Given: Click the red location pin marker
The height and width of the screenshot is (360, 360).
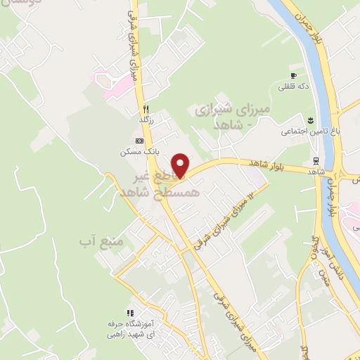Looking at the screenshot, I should coord(181,165).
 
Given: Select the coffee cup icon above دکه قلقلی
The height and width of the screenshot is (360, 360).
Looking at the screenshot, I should coord(295,75).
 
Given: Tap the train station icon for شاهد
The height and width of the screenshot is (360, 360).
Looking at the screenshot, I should coord(316,160).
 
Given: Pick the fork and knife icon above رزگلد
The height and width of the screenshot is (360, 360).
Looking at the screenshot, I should coord(146,109).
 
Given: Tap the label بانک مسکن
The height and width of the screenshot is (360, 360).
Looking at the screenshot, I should coord(138,151).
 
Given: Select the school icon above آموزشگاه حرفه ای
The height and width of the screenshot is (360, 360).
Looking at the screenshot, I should coord(129,313).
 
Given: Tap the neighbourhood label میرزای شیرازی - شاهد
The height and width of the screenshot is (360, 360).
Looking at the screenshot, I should coord(221,117).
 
